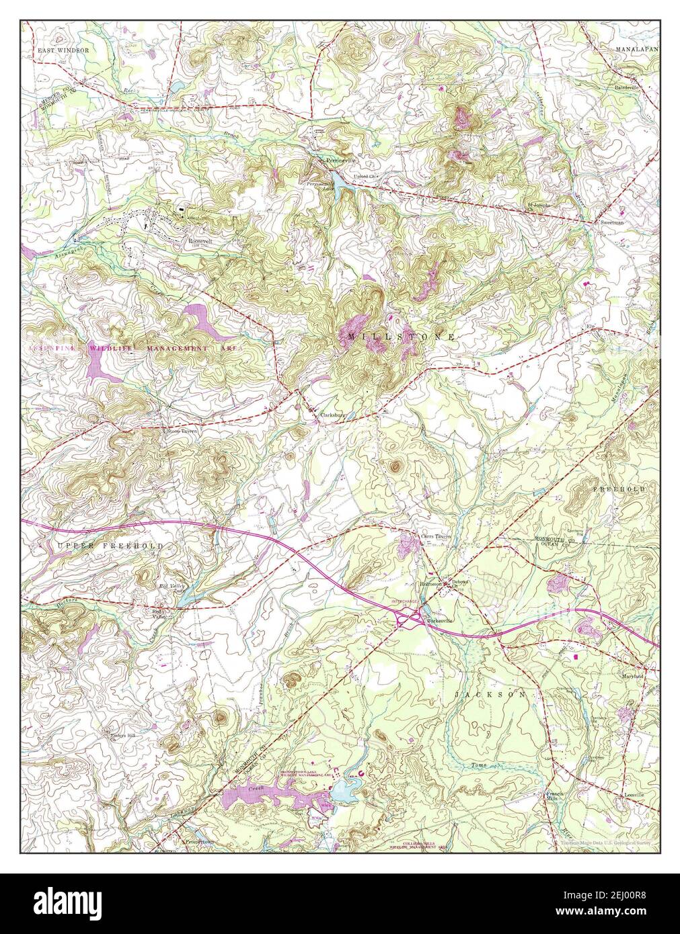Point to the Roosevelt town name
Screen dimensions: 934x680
click(x=200, y=240)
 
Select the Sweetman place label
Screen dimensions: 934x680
click(x=610, y=221)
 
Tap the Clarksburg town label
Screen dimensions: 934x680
click(x=332, y=415)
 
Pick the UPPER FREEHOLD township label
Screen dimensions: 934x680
click(x=110, y=546)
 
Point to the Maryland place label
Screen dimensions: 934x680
click(x=633, y=676)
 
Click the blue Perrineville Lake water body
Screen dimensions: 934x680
click(x=340, y=182)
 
